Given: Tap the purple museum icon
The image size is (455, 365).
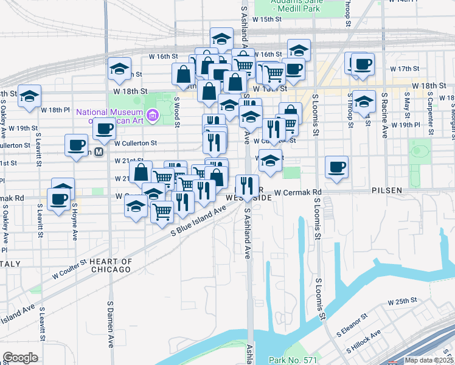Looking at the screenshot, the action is [x=153, y=114].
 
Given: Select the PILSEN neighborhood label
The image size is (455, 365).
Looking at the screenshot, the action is [x=387, y=190].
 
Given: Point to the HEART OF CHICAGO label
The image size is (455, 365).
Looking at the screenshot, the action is [x=110, y=265].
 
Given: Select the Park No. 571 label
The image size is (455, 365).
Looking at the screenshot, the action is [x=294, y=360].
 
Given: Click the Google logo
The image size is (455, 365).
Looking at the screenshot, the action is [x=20, y=358].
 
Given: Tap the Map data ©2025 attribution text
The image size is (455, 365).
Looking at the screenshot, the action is [x=429, y=360].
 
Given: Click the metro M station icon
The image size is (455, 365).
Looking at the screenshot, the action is [x=98, y=153].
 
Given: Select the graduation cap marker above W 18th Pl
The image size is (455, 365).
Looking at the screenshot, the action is [x=29, y=96].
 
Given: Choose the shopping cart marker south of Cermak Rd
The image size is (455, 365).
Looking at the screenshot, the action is [x=162, y=211].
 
